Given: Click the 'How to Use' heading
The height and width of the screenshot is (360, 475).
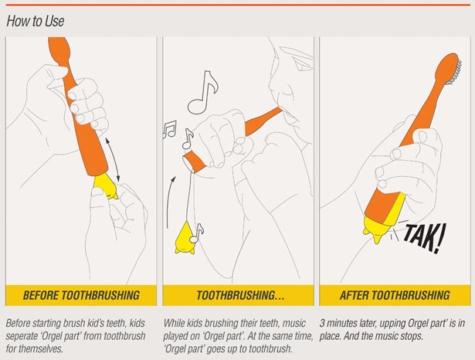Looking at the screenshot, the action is (36, 21).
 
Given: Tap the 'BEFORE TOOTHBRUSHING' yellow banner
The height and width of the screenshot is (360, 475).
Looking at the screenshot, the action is (81, 295).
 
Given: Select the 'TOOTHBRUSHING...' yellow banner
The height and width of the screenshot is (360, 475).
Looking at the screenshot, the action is (238, 295).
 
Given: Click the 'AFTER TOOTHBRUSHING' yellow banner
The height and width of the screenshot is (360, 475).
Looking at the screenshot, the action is (395, 295).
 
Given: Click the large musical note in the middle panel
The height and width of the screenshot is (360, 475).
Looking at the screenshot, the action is (202, 93).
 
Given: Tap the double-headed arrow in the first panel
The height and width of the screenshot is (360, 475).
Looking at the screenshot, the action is (113, 160).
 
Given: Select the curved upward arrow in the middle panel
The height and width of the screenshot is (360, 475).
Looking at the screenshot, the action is (171, 202).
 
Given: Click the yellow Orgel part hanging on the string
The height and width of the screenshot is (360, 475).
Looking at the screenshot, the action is (185, 238).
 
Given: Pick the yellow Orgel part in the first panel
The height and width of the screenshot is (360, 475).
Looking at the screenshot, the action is (106, 186).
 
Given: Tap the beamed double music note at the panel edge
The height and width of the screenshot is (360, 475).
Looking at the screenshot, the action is (170, 130).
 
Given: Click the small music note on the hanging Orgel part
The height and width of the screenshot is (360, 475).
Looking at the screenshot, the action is (196, 233).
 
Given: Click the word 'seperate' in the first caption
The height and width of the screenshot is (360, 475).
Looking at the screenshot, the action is (25, 336).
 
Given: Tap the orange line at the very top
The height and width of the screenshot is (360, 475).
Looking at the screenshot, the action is (238, 5).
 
